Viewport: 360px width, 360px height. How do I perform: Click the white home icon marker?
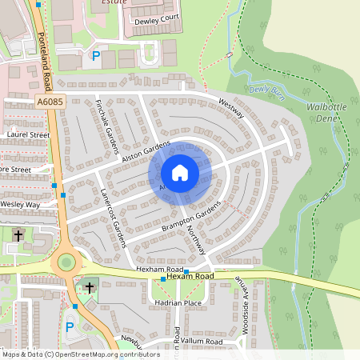click(x=180, y=172)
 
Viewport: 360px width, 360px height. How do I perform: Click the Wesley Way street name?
click(x=21, y=205)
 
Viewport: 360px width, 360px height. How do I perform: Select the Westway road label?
click(x=231, y=107)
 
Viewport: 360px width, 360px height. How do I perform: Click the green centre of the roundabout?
click(x=65, y=262)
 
